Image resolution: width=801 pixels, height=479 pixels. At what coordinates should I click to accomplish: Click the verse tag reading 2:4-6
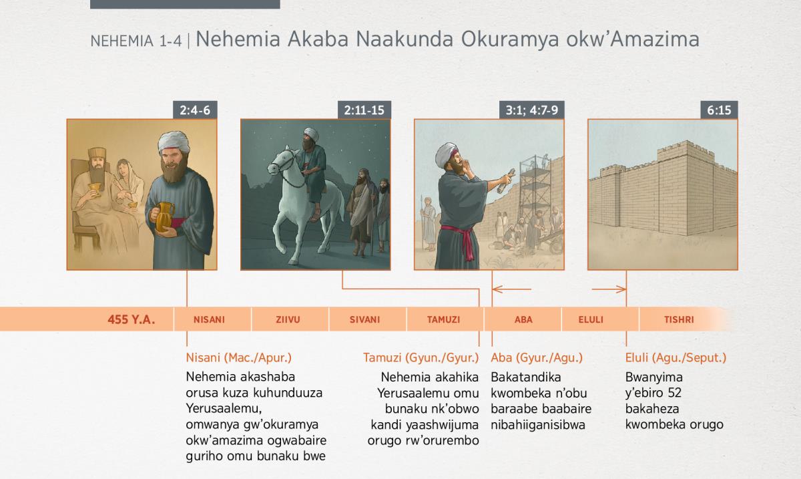[195, 110]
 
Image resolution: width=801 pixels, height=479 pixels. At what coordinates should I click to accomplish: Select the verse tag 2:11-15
[364, 110]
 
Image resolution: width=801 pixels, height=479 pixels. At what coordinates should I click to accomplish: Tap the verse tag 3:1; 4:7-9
[532, 110]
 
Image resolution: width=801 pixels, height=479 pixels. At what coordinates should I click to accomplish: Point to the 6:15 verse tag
[719, 110]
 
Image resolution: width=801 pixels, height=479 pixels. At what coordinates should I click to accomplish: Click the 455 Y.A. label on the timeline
[131, 319]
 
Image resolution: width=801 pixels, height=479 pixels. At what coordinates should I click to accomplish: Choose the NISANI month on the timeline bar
[209, 319]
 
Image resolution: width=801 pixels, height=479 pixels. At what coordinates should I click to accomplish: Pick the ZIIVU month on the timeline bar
[288, 319]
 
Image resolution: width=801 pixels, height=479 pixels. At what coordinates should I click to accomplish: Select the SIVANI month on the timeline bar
[364, 319]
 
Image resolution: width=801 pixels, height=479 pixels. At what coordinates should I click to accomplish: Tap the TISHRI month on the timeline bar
[679, 319]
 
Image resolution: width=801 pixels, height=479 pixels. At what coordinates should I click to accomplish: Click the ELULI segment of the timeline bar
[591, 319]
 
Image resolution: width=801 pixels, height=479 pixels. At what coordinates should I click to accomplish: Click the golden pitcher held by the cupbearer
[164, 217]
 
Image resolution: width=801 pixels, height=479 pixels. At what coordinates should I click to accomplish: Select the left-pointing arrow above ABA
[512, 289]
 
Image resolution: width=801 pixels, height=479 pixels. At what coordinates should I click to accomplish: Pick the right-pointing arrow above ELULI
[609, 289]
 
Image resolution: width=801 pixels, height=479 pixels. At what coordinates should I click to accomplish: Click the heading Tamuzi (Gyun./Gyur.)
[421, 357]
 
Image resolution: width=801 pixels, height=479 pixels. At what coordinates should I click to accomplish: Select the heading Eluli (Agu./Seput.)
[676, 357]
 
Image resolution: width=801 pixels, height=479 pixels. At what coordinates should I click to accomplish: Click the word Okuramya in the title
[509, 39]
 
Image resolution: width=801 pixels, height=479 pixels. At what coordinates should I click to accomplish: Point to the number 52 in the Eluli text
[674, 393]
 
